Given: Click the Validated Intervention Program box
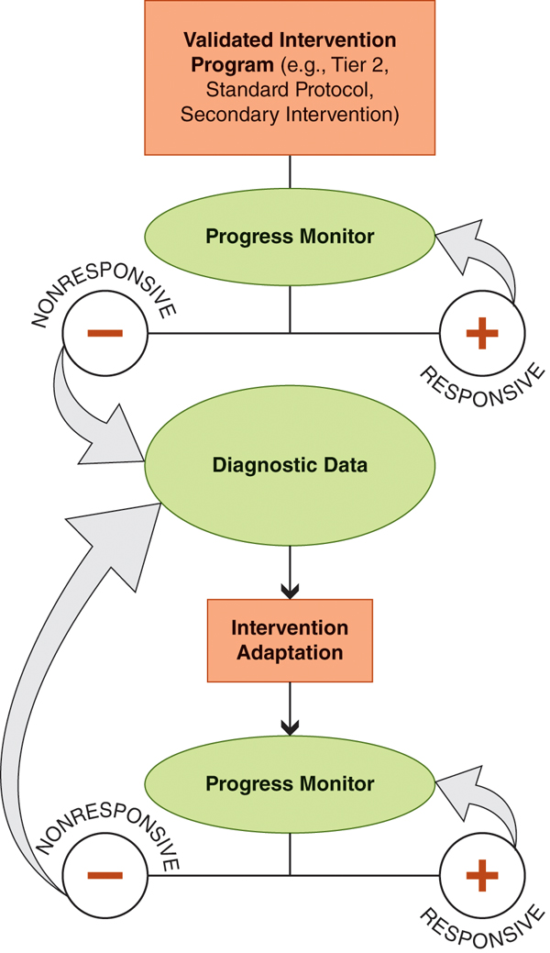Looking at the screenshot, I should click(290, 78).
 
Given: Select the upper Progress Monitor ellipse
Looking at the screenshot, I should click(290, 237).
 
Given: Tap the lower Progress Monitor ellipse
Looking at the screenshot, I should click(290, 784).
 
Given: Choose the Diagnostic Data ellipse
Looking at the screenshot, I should click(290, 465).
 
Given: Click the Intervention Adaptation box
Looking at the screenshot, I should click(290, 640).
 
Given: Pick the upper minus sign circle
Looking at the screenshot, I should click(104, 333).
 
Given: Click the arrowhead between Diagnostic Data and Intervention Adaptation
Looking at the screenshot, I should click(290, 586).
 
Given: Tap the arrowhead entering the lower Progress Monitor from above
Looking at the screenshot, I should click(290, 728).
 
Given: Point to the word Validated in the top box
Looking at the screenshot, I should click(225, 41).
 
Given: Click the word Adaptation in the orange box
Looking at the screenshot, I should click(290, 653).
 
